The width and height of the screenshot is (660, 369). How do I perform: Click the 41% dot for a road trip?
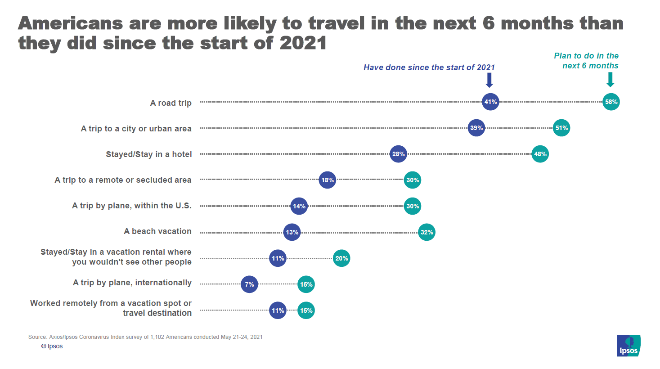490,102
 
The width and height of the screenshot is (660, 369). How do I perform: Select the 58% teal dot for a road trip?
611,102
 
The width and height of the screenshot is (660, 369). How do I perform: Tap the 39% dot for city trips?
476,128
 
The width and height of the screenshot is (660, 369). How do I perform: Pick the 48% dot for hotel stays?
540,154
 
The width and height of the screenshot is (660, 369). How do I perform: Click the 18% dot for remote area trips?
327,180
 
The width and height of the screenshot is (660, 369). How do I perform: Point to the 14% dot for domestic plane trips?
299,207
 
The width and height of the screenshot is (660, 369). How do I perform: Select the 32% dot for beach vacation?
427,233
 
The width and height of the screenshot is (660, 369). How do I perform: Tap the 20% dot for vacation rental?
341,259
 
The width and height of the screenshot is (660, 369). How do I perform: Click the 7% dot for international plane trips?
249,284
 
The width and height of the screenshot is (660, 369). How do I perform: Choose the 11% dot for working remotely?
278,310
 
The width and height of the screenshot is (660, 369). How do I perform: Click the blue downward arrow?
489,80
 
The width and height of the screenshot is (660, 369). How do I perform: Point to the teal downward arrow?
610,80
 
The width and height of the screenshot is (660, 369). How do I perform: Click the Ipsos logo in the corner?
629,346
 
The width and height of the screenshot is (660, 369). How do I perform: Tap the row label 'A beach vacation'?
157,231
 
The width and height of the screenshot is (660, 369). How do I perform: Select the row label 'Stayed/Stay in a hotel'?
148,154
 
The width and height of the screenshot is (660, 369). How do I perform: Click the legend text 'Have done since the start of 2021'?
429,67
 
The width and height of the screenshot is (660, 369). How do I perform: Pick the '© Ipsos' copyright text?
52,346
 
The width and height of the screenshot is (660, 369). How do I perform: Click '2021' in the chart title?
303,43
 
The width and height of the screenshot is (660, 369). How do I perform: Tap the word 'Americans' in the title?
70,23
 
